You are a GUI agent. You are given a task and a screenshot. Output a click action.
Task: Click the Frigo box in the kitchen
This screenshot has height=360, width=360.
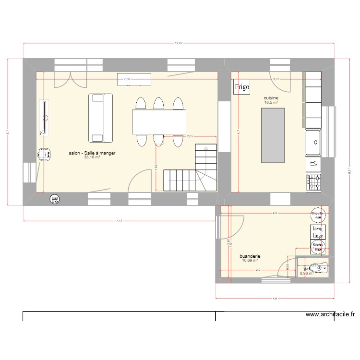(241, 87)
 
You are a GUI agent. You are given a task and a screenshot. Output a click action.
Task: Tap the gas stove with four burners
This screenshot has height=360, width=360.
(313, 181)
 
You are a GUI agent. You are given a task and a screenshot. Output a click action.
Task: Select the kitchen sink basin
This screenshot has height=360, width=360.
(313, 143)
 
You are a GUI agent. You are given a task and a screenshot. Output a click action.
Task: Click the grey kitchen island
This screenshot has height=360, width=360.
(272, 135)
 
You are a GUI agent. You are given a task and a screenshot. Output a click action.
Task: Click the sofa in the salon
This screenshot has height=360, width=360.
(100, 118)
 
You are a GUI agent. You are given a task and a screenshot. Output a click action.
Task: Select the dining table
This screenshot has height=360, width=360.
(159, 121)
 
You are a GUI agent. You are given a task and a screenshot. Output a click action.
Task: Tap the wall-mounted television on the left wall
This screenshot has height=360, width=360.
(44, 116)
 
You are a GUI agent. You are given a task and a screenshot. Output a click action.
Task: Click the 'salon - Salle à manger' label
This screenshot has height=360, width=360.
(92, 153)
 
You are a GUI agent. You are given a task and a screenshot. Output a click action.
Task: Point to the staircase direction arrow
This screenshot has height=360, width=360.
(206, 150)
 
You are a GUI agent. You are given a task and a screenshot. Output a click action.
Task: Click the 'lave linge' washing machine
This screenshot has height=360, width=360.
(317, 231)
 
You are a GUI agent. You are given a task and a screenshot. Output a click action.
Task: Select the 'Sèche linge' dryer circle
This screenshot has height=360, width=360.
(317, 247)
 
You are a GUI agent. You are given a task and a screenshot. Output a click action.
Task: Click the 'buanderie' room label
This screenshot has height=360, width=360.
(250, 257)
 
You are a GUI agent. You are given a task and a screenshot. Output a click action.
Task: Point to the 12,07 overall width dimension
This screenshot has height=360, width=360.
(178, 44)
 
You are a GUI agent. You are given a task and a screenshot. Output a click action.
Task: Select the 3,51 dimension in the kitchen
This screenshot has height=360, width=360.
(276, 79)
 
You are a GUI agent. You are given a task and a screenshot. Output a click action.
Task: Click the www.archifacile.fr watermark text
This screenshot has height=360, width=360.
(330, 315)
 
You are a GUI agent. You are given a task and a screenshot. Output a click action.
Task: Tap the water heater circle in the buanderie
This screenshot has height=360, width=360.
(317, 215)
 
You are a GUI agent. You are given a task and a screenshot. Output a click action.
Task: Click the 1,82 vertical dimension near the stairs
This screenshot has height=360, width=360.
(156, 167)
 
